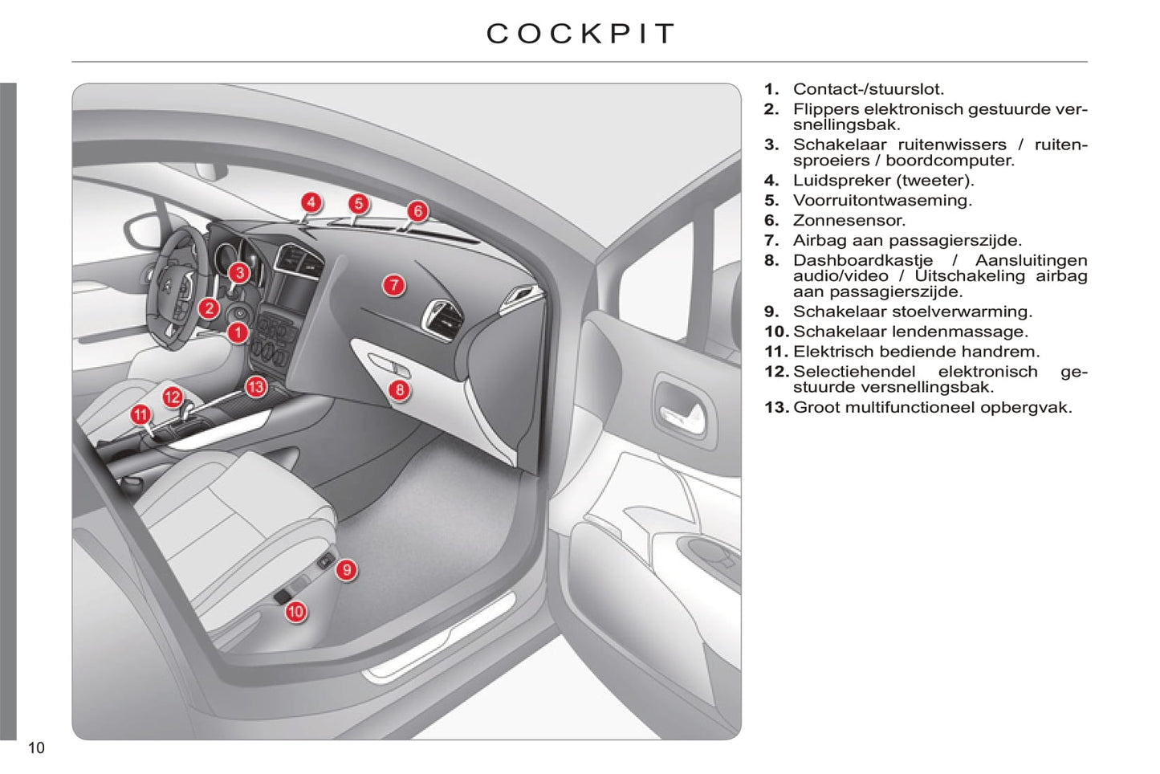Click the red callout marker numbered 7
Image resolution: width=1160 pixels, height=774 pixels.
coord(393,285)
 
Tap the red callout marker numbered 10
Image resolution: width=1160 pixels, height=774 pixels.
coord(295,612)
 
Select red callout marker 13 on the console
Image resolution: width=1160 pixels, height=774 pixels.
coord(255,388)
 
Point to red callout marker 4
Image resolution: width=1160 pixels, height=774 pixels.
coord(311,202)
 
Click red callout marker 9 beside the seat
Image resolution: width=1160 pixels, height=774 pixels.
coord(346,570)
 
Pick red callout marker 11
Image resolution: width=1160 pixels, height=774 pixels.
coord(140,415)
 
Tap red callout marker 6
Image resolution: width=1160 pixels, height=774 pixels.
coord(417,211)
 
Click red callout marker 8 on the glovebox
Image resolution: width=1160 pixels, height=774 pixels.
coord(399,391)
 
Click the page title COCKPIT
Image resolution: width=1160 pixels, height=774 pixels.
coord(580,34)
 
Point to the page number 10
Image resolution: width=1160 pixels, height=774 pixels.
coord(36,748)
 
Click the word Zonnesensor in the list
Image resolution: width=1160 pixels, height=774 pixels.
coord(849,221)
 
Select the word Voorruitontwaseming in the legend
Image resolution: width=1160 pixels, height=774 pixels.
coord(881,201)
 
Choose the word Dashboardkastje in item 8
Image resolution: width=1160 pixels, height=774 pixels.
coord(862,260)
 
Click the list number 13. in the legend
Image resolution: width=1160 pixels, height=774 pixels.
coord(776,408)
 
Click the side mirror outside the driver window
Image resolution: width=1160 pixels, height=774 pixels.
coord(141,233)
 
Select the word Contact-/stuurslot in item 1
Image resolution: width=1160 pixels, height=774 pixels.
coord(868,89)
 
